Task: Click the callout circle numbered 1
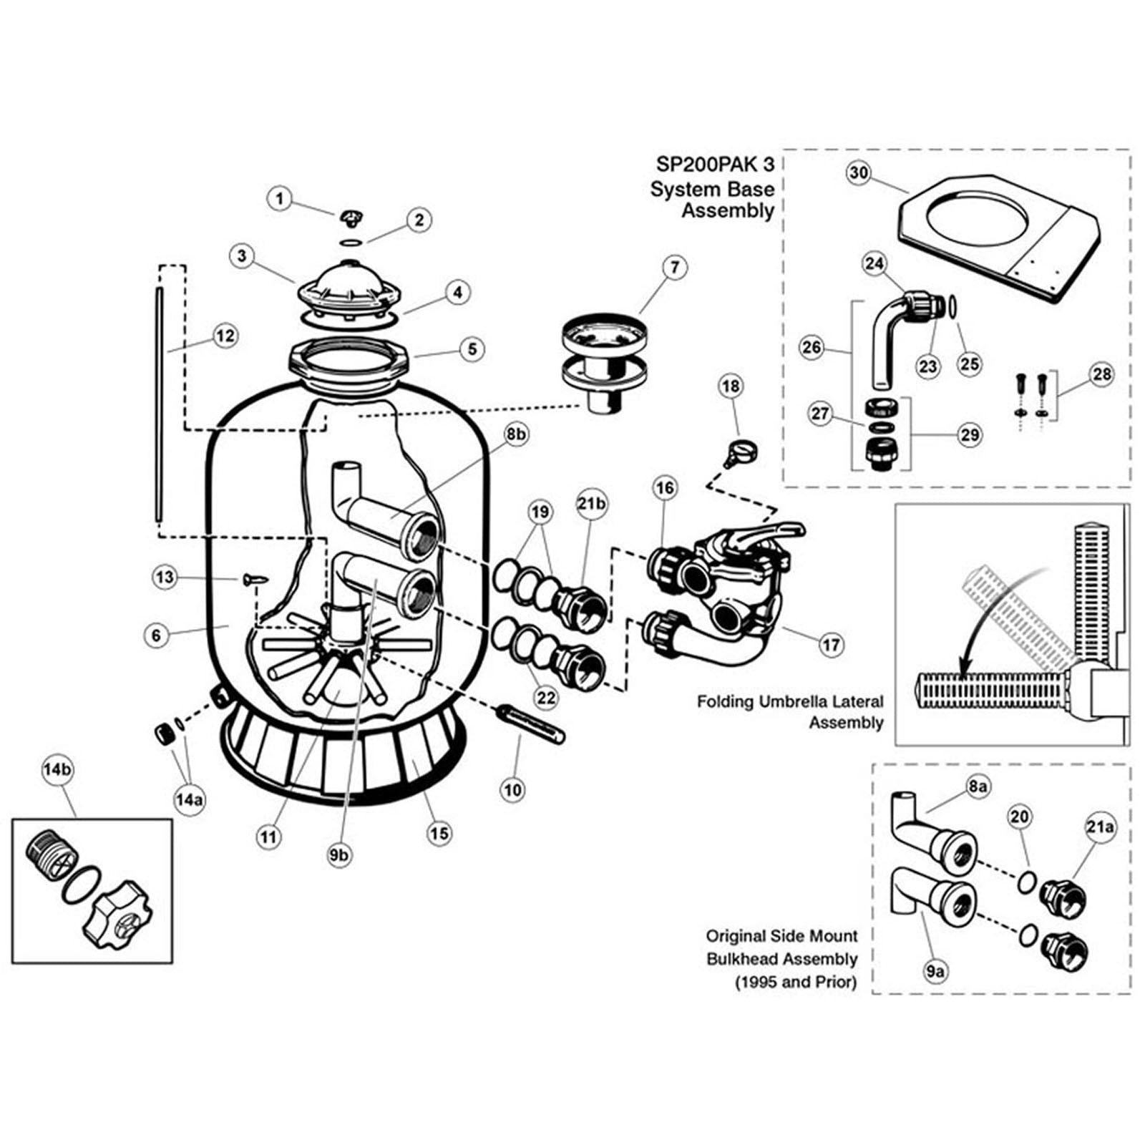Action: (x=280, y=198)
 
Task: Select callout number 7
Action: (x=674, y=268)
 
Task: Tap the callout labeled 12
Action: (x=225, y=335)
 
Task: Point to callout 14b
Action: (x=58, y=770)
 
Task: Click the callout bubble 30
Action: (x=859, y=173)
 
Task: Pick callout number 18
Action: (x=731, y=386)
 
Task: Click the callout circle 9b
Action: (x=339, y=854)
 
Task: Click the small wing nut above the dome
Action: (x=350, y=215)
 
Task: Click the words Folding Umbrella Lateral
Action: (x=790, y=701)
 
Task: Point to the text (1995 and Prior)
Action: (x=795, y=982)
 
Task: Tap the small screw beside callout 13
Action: (x=255, y=578)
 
